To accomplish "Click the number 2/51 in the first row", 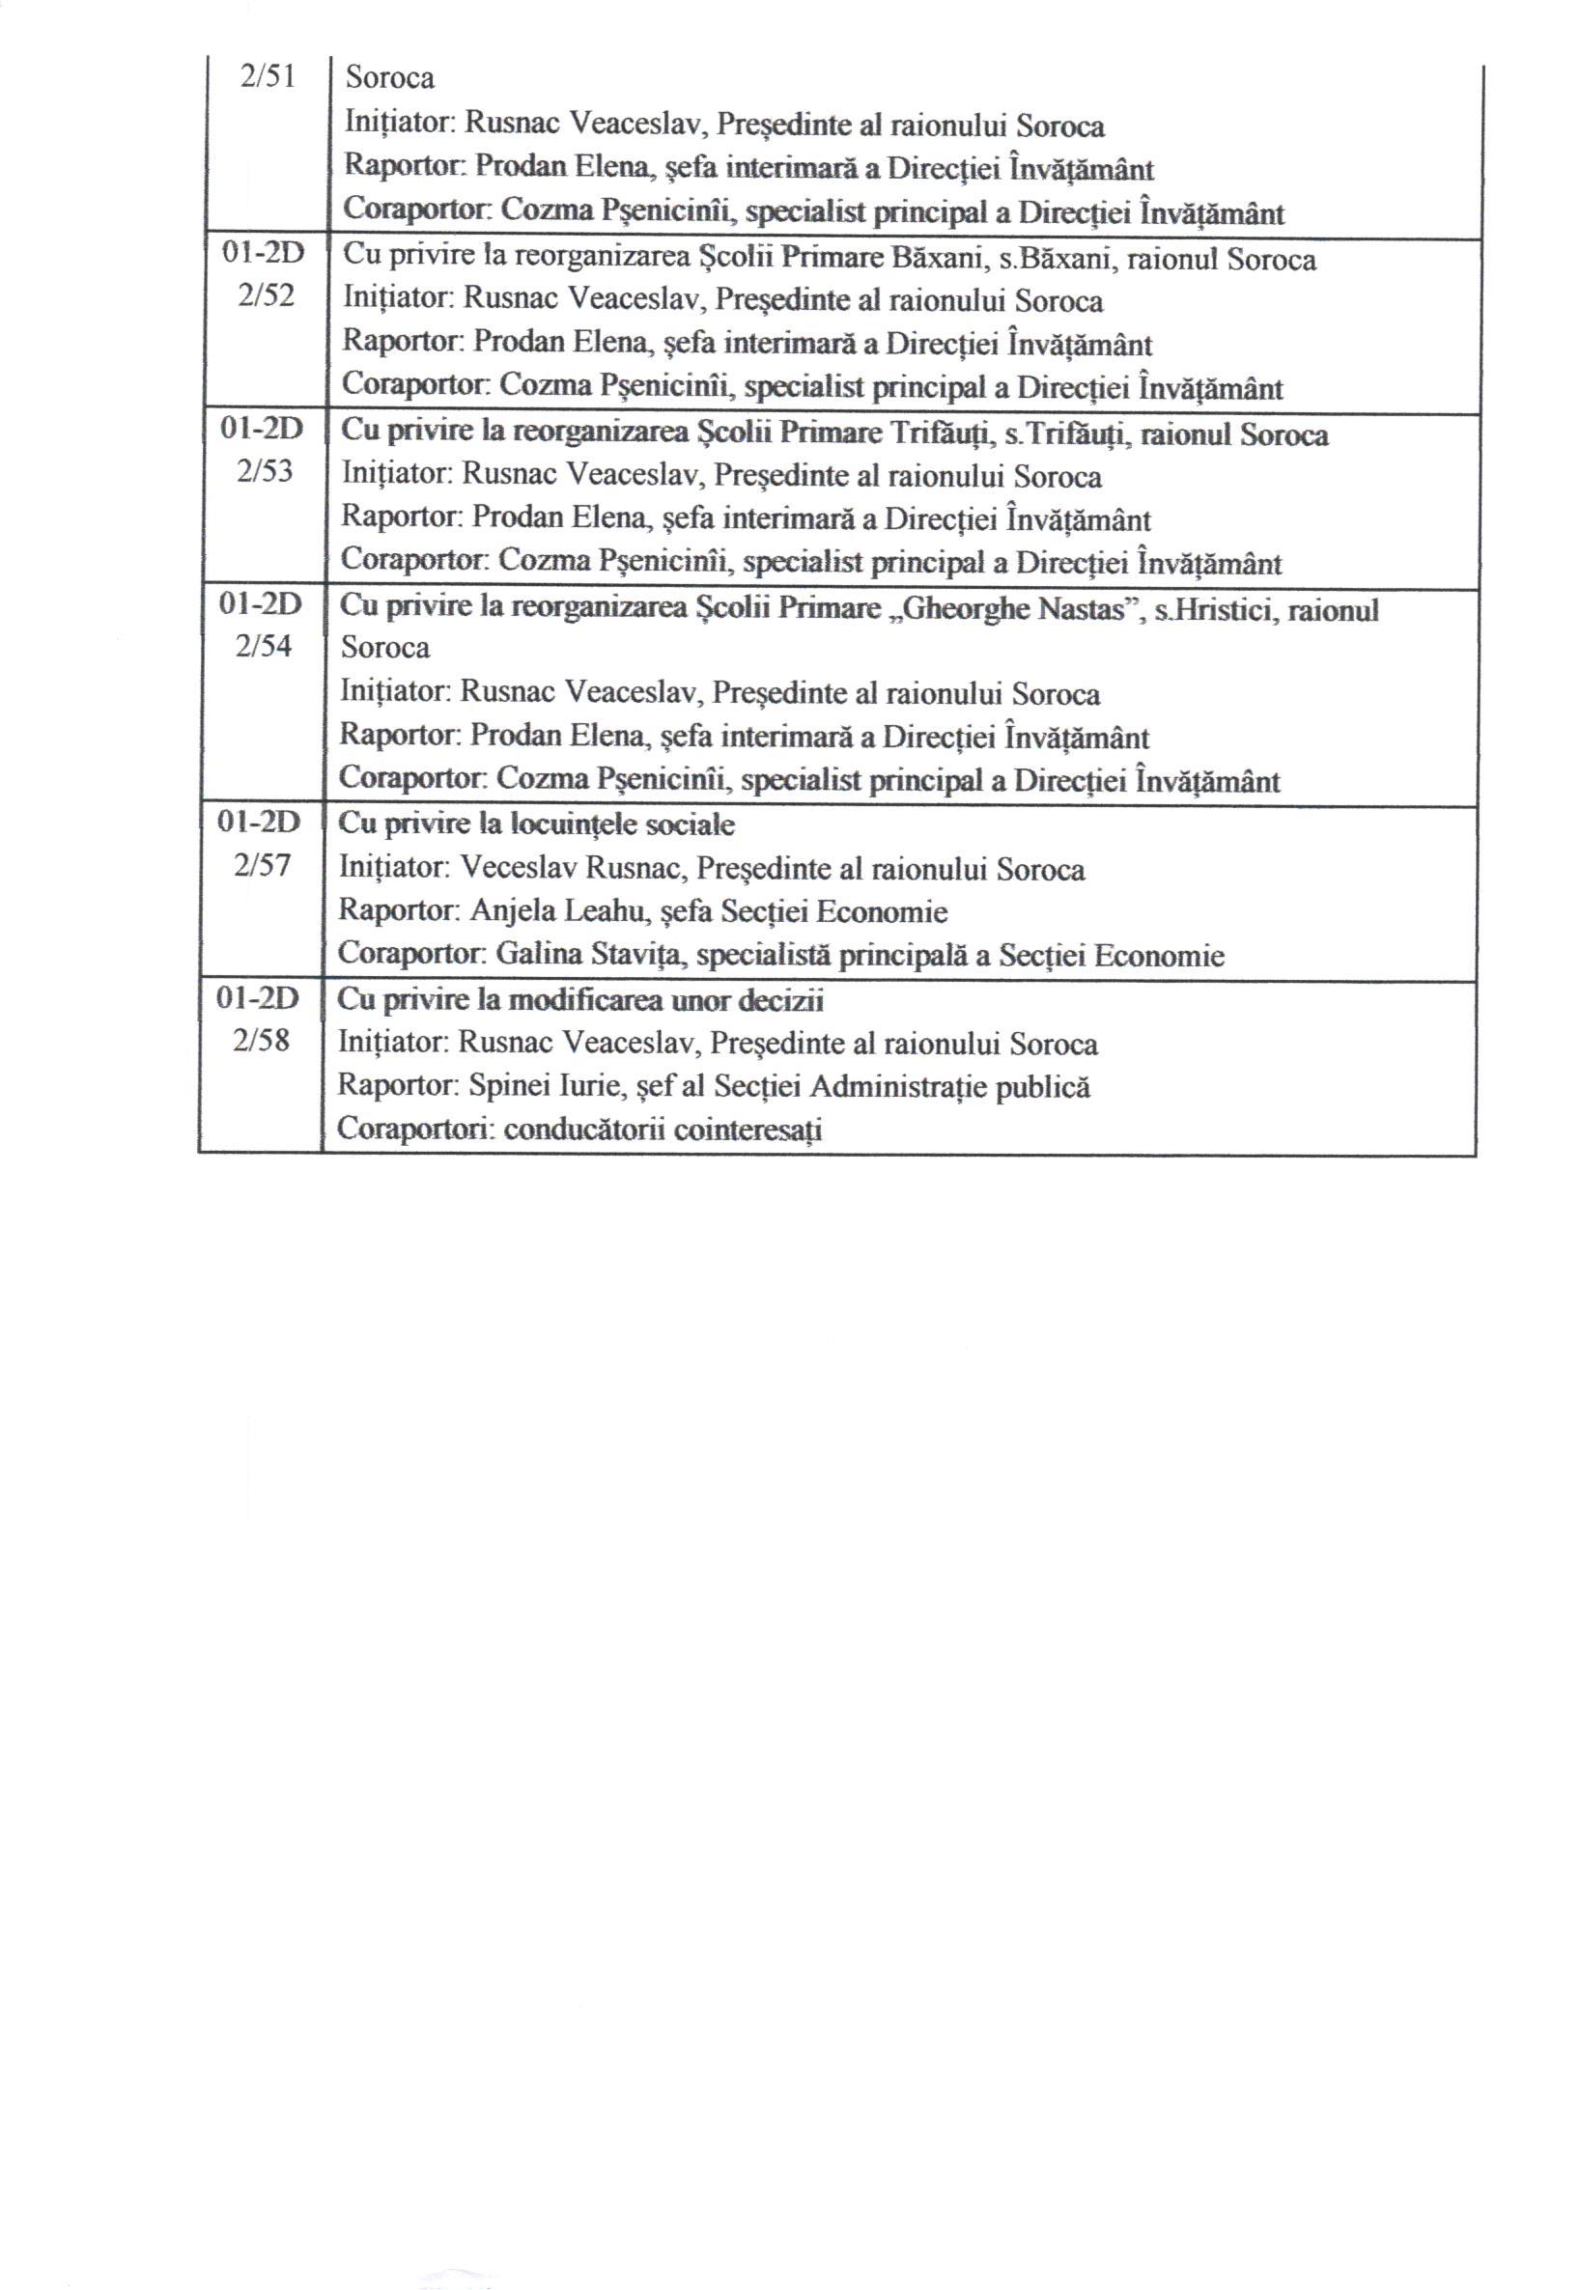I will (268, 77).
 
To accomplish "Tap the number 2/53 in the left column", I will (266, 471).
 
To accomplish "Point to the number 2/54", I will (265, 646).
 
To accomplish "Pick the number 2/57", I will (263, 866).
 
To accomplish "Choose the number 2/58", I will (262, 1041).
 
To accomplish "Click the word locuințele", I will (574, 824).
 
